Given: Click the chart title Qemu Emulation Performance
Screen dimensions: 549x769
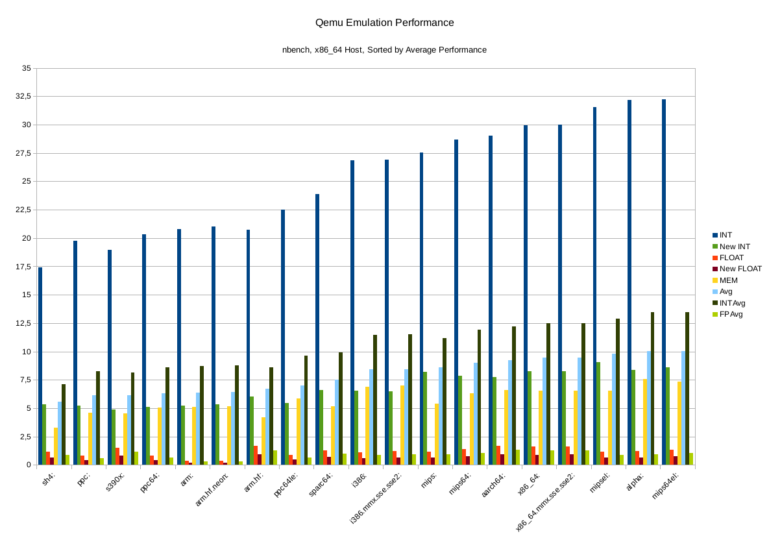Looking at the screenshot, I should point(384,23).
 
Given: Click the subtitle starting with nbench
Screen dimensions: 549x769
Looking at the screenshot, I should point(384,50).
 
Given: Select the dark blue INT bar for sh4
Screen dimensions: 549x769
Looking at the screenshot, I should point(40,366).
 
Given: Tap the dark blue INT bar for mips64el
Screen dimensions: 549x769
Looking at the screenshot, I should point(664,282).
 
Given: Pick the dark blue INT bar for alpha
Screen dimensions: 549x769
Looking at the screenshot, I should point(629,282).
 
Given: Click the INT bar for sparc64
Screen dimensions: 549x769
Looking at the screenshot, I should point(317,330).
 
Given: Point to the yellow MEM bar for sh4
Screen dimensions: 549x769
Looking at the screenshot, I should point(56,446).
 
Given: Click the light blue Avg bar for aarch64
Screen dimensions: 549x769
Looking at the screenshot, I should point(510,413).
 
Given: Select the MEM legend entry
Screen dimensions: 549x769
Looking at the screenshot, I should point(729,280).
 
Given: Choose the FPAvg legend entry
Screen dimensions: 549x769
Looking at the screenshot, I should point(731,314).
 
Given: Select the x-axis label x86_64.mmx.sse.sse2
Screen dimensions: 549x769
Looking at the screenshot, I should point(544,504).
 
